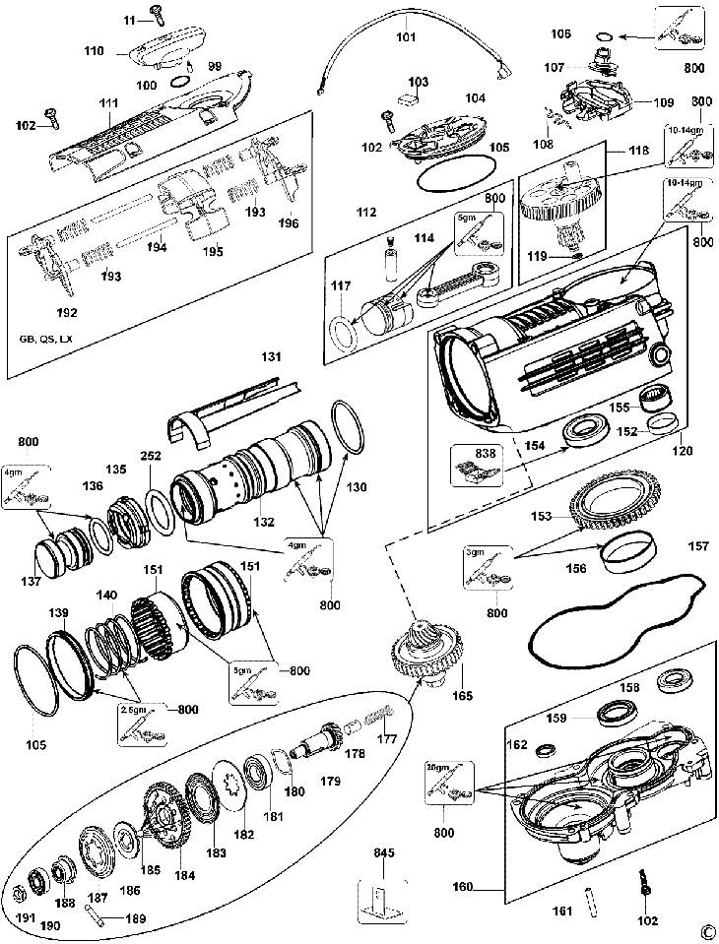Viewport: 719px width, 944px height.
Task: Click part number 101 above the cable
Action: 407,40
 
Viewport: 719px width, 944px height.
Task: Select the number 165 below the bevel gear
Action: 462,696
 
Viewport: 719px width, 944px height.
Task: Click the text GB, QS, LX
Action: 45,338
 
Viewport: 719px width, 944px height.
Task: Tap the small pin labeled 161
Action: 592,897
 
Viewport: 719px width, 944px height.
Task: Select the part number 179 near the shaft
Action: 330,781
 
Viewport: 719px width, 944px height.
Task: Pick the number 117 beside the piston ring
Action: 340,286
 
